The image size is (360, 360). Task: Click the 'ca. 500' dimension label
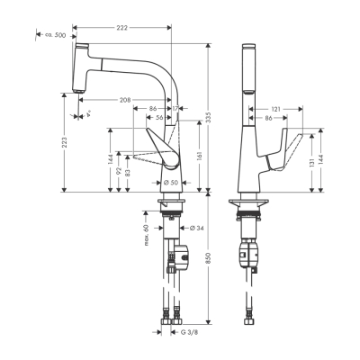coord(54,35)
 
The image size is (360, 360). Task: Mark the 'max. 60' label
coord(145,233)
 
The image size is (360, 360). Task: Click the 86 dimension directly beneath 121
coord(269,118)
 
